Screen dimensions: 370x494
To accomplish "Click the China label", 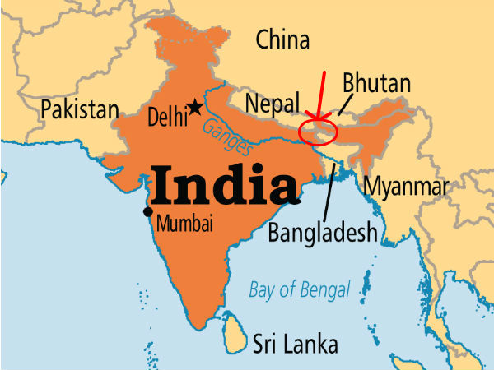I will click(282, 39).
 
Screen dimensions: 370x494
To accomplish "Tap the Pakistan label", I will click(81, 109).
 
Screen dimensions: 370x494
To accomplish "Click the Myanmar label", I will click(407, 186).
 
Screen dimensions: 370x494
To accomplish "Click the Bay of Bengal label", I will click(300, 289).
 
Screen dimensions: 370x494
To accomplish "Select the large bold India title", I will click(223, 185).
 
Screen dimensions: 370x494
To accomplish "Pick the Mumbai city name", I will click(184, 222).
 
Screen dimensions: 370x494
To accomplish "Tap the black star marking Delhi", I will click(195, 106).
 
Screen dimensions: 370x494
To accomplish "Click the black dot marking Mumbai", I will click(147, 212).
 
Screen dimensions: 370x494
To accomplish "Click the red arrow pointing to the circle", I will click(321, 95).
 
